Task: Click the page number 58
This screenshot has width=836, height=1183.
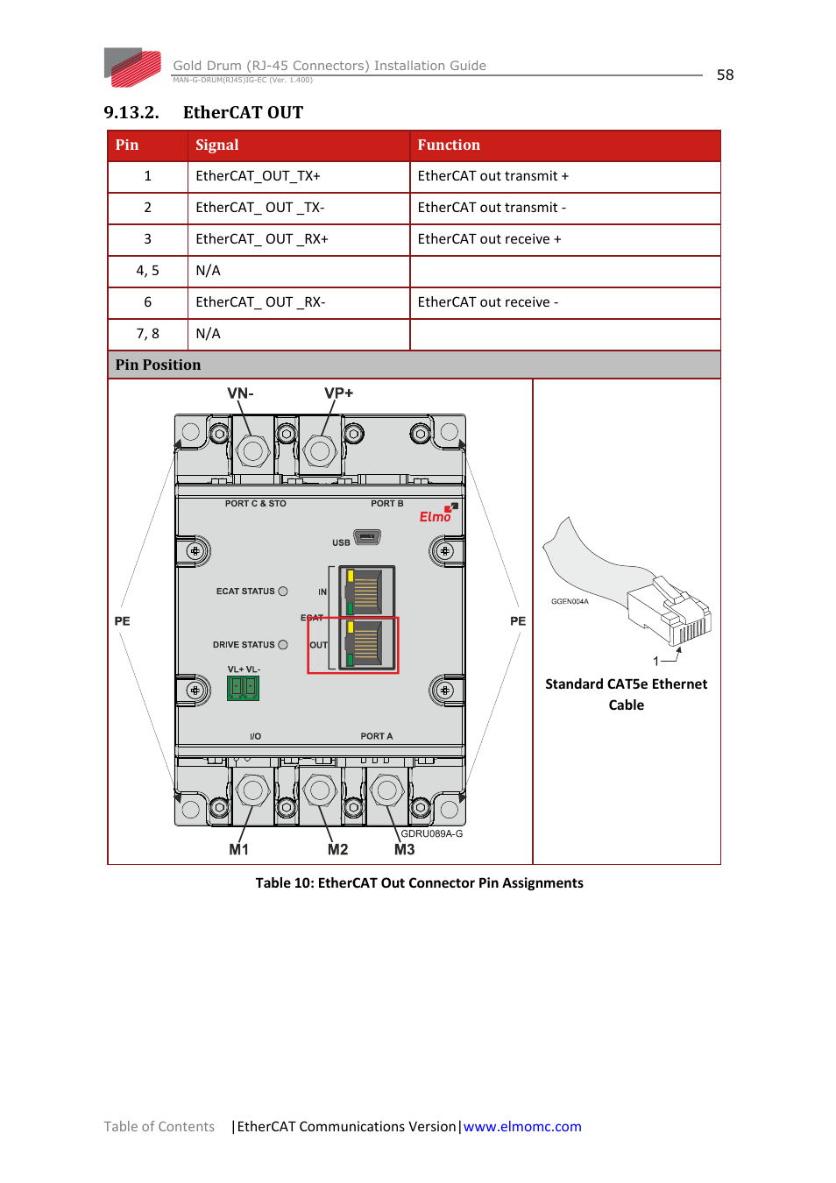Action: pyautogui.click(x=725, y=75)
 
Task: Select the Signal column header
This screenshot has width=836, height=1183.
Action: pyautogui.click(x=217, y=145)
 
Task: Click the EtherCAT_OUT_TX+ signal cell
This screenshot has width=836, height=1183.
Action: pyautogui.click(x=258, y=176)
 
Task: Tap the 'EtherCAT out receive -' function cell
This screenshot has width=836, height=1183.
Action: pyautogui.click(x=487, y=302)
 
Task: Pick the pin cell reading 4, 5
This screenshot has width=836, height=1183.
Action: pyautogui.click(x=147, y=271)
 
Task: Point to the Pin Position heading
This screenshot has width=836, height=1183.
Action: pyautogui.click(x=158, y=365)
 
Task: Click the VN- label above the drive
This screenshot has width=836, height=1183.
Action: pyautogui.click(x=240, y=393)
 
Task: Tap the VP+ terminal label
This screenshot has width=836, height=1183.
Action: pyautogui.click(x=338, y=393)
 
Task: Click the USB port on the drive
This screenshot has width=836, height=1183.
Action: pyautogui.click(x=367, y=537)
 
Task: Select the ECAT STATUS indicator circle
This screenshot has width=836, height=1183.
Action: pyautogui.click(x=283, y=591)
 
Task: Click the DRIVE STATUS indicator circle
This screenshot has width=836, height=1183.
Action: pyautogui.click(x=283, y=645)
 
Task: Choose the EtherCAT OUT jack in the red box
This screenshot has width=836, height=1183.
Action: pyautogui.click(x=366, y=644)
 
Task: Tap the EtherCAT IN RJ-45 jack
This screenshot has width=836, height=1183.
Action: pyautogui.click(x=366, y=591)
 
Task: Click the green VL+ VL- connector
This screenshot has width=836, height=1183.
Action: pyautogui.click(x=243, y=688)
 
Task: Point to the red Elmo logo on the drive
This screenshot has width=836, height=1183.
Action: pyautogui.click(x=436, y=516)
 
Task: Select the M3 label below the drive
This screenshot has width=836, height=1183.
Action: pyautogui.click(x=404, y=850)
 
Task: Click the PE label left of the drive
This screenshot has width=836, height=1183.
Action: pyautogui.click(x=123, y=621)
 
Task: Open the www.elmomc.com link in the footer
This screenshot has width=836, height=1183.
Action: pyautogui.click(x=522, y=1127)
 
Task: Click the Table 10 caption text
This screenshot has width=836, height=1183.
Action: pyautogui.click(x=419, y=883)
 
